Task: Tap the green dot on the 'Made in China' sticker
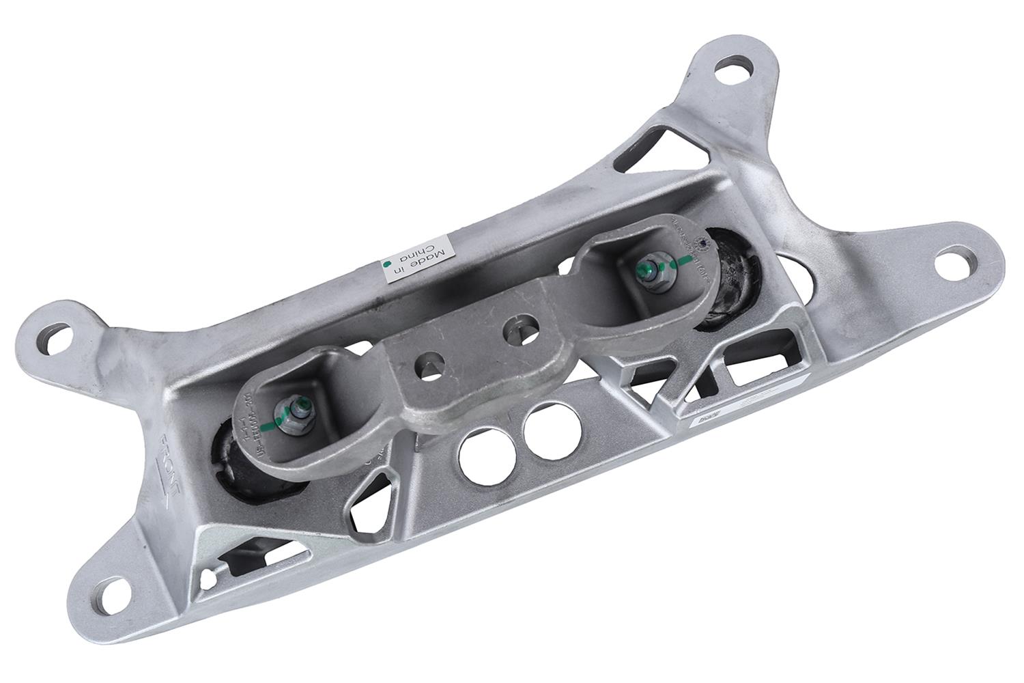(388, 263)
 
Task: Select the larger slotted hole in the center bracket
(520, 326)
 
